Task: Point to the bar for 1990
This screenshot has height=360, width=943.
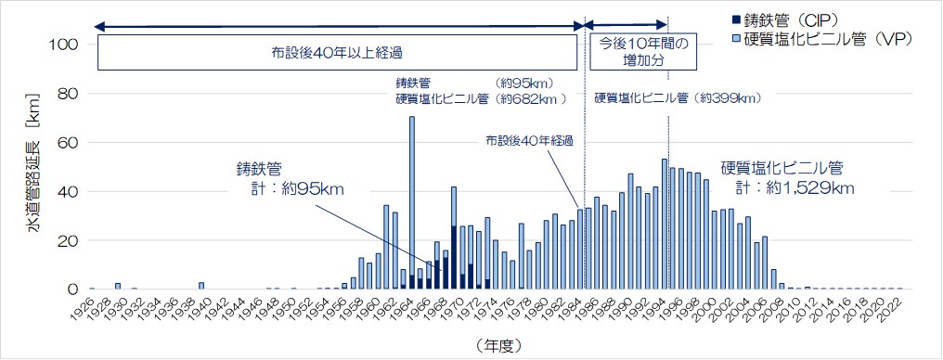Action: [630, 232]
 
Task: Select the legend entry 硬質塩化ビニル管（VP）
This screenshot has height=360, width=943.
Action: [832, 39]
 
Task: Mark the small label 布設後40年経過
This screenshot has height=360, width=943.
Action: [529, 140]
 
